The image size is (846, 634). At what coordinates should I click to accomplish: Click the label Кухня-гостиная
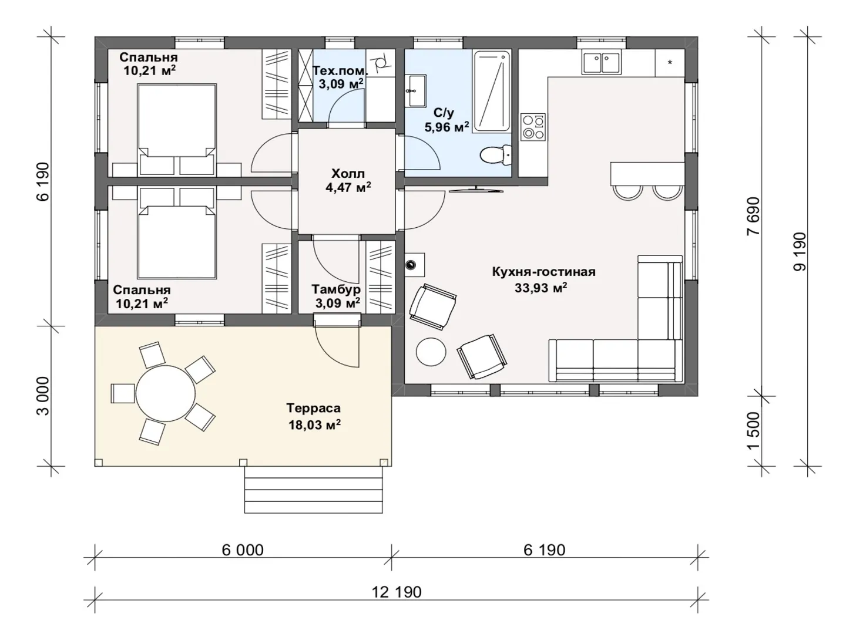click(x=543, y=272)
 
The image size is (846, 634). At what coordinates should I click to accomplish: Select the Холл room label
click(x=348, y=174)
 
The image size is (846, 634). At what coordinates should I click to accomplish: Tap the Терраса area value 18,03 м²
click(x=314, y=424)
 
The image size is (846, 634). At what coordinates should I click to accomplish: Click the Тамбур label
click(x=336, y=289)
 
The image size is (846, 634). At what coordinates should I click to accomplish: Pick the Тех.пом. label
click(x=340, y=71)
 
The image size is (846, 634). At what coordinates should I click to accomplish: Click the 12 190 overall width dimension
click(x=397, y=592)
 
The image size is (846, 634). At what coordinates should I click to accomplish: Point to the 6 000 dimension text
click(x=243, y=550)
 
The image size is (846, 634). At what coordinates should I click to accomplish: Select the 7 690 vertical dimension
click(x=753, y=216)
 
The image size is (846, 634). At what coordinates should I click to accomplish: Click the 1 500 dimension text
click(x=753, y=431)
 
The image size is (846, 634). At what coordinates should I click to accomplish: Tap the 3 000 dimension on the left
click(x=43, y=396)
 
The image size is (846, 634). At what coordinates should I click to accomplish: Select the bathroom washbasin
click(x=417, y=91)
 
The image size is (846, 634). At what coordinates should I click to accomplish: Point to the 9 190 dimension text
click(x=799, y=251)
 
